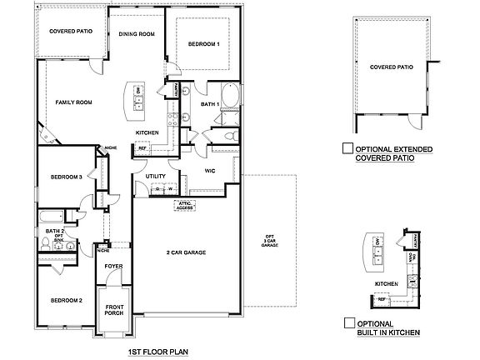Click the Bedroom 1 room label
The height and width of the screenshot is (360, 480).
pos(203,44)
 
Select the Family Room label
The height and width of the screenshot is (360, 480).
pos(73,102)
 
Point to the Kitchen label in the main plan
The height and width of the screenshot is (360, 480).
pos(147,132)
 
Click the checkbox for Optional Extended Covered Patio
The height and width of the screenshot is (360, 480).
pos(347,149)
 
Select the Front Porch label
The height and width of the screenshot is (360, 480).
pos(114,309)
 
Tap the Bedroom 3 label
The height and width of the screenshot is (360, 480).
pos(65,177)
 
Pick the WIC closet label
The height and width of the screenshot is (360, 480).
pos(212,172)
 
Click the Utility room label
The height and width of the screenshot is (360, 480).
pos(156,176)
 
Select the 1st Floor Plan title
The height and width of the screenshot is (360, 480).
pos(158,353)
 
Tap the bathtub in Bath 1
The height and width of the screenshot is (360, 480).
pos(231,93)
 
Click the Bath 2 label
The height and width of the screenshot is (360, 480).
pos(54,231)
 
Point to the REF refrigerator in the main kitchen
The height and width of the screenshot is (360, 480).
pos(142,149)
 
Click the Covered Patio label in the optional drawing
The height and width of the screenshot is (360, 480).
pos(391,67)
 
